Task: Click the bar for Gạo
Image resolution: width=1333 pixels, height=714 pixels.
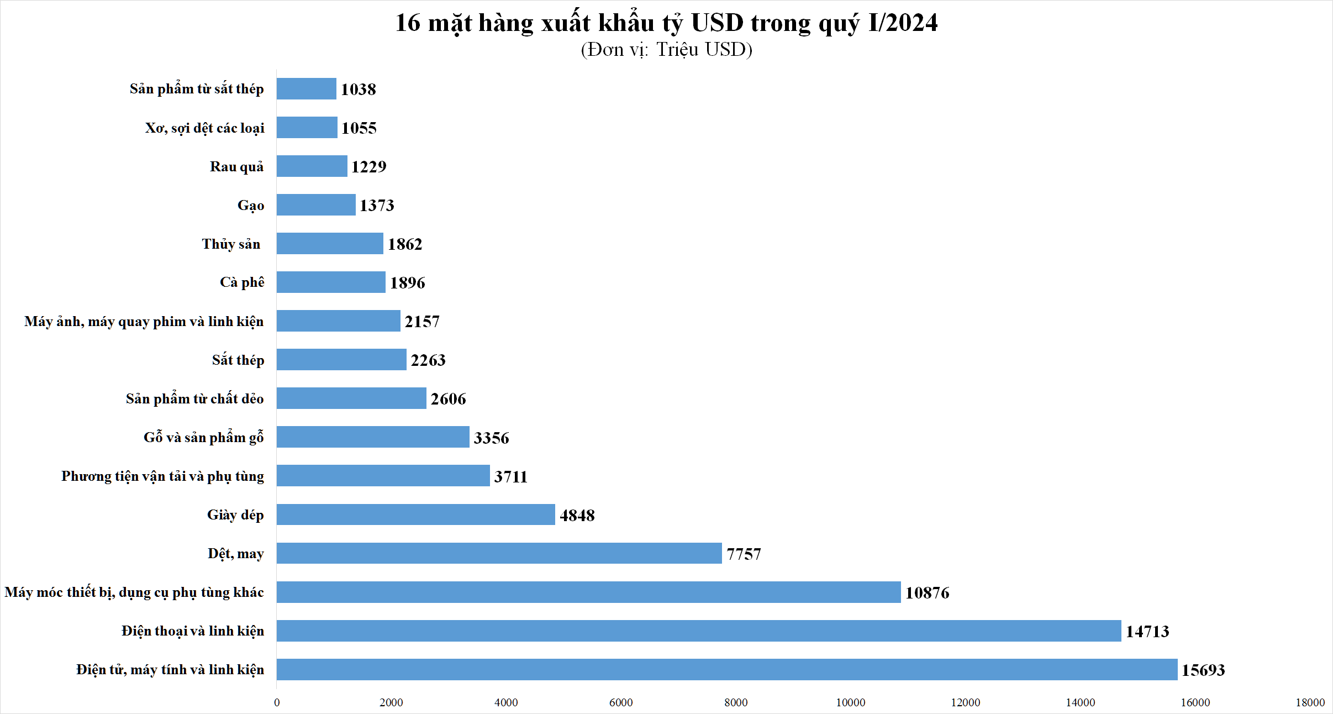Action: coord(316,205)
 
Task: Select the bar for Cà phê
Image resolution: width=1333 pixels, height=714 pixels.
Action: coord(331,282)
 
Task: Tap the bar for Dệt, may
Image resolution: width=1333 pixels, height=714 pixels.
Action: coord(499,553)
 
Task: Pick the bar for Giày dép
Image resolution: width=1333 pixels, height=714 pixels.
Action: coord(415,514)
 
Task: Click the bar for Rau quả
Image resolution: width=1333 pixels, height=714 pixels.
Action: coord(312,166)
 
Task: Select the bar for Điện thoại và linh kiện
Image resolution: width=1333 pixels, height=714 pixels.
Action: coord(699,631)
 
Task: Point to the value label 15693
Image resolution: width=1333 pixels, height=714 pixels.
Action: coord(1203,670)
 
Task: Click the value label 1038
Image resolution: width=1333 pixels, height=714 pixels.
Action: coord(358,90)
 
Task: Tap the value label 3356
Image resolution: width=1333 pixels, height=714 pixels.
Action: coord(491,438)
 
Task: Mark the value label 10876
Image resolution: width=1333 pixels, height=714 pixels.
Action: coord(927,593)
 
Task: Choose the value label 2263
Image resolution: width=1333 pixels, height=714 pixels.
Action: coord(428,360)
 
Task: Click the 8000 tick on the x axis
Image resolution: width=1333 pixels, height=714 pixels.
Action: coord(736,702)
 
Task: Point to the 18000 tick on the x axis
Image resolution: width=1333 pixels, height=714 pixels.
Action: coord(1310,702)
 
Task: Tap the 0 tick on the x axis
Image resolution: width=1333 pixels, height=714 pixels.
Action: coord(277,702)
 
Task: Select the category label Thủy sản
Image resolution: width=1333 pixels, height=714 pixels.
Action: coord(231,244)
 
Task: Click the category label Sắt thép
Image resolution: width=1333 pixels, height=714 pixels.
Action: coord(238,360)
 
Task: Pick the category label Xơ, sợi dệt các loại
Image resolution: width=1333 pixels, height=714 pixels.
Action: coord(204,128)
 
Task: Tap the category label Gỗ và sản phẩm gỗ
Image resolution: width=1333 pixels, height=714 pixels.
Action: coord(203,438)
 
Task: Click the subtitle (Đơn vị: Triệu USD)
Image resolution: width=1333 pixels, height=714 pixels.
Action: coord(666,50)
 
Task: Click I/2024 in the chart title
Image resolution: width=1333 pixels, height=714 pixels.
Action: coord(903,23)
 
